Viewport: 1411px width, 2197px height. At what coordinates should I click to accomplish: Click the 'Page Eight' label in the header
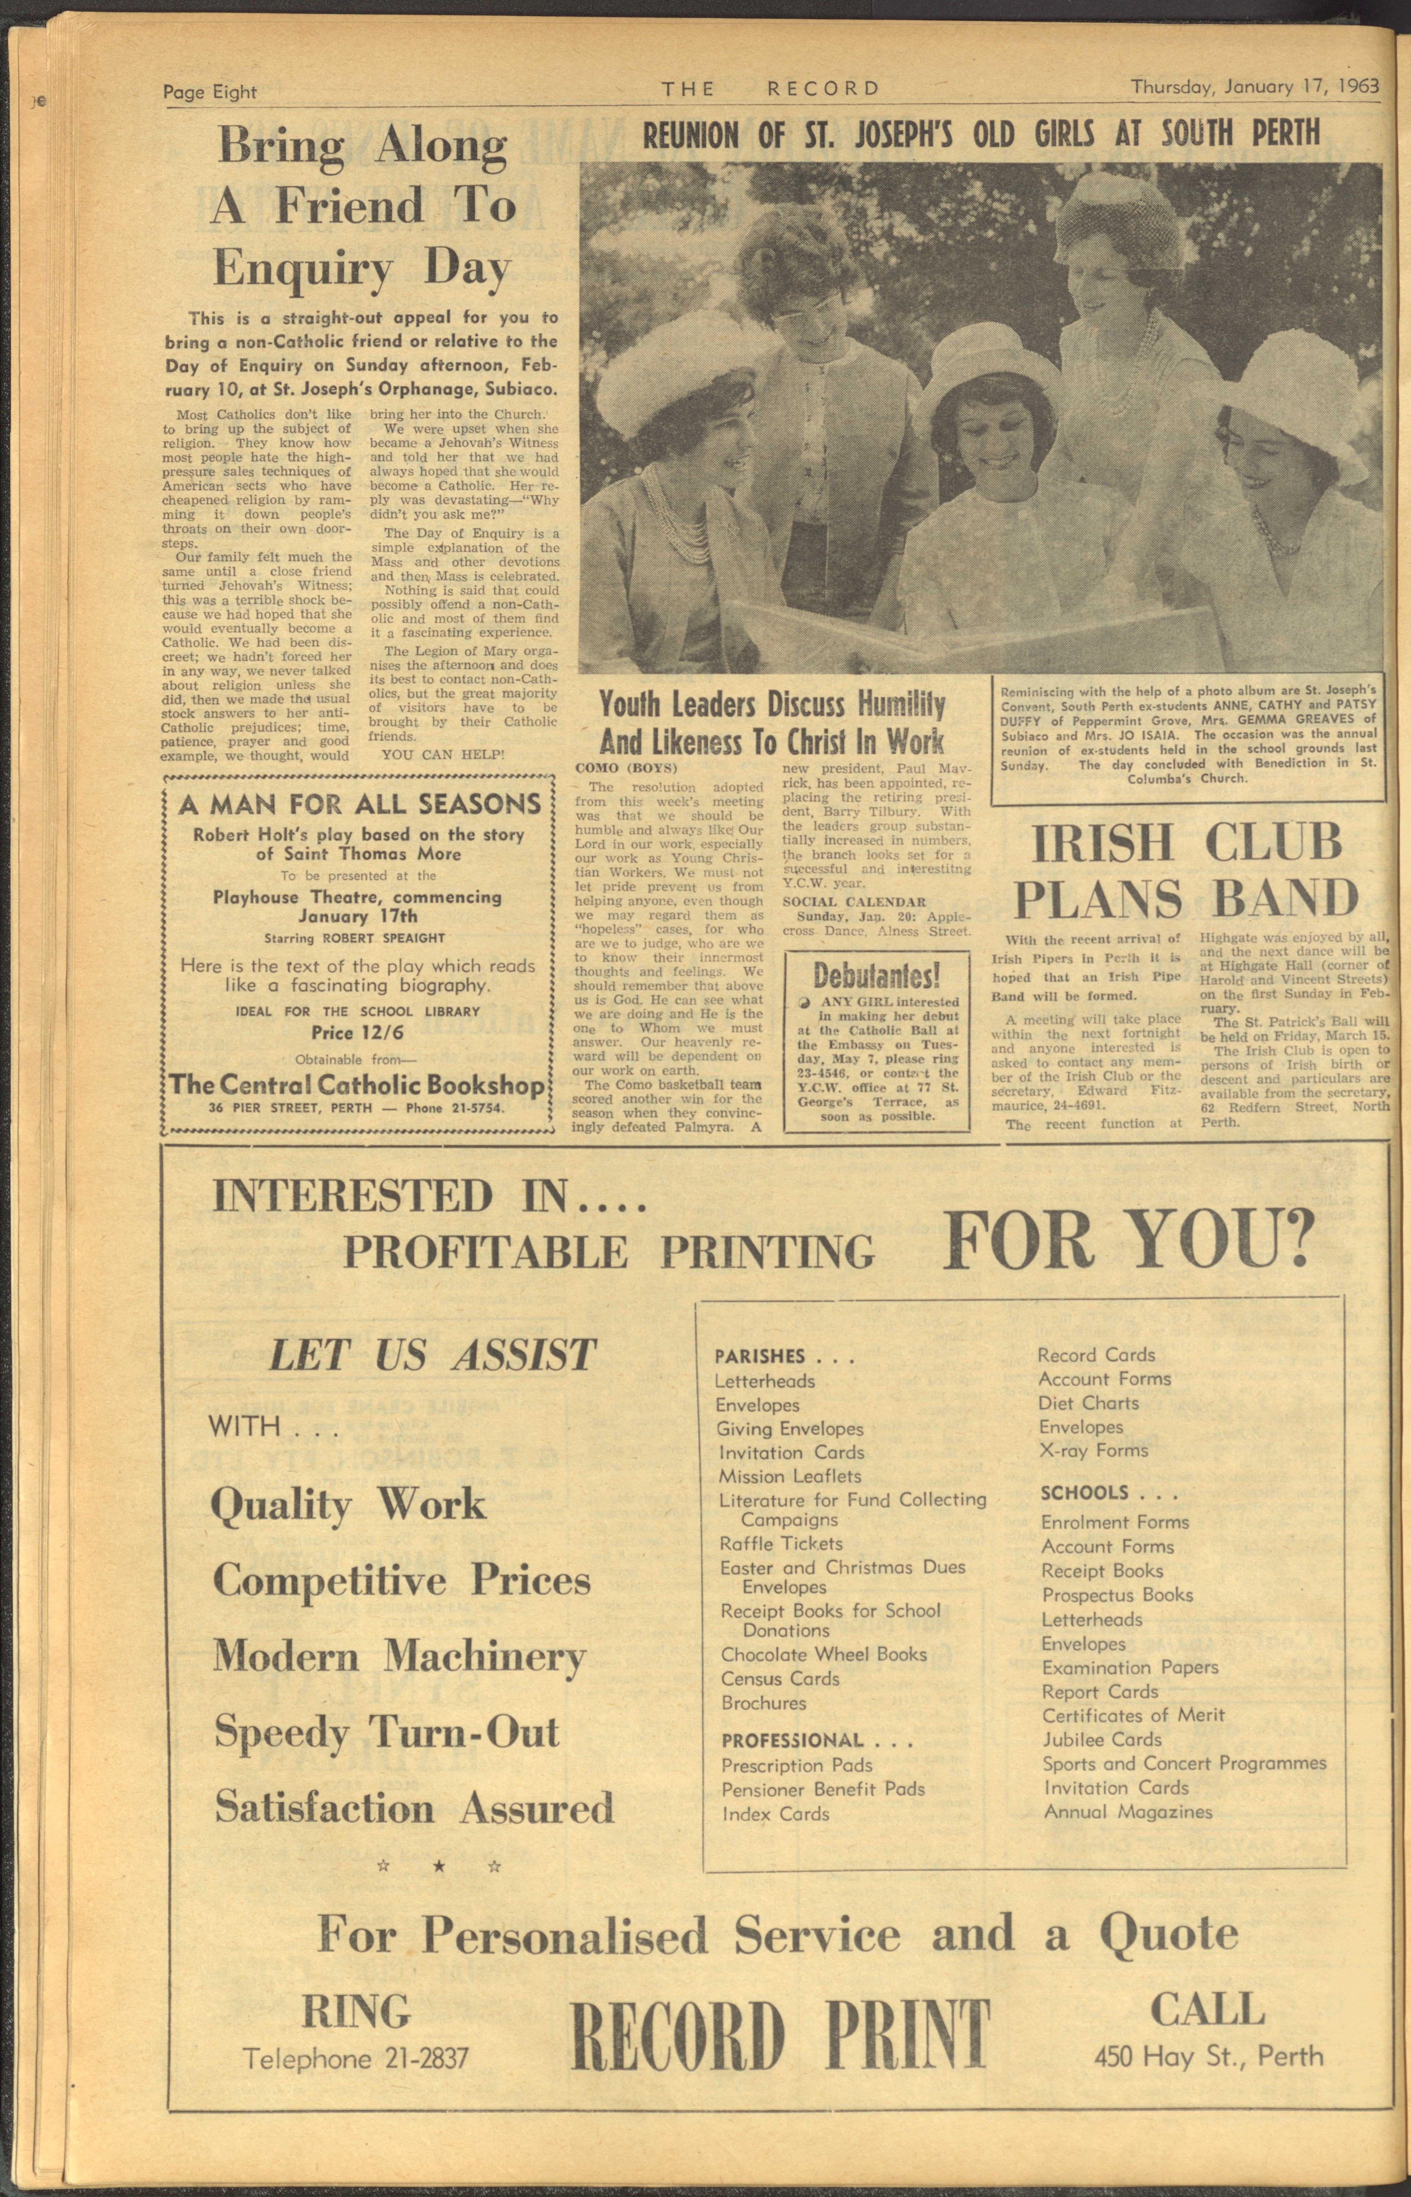click(210, 92)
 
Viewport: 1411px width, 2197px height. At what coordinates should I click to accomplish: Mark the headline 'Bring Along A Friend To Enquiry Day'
click(362, 207)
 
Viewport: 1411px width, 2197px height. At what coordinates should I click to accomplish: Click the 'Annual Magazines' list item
click(1128, 1812)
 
